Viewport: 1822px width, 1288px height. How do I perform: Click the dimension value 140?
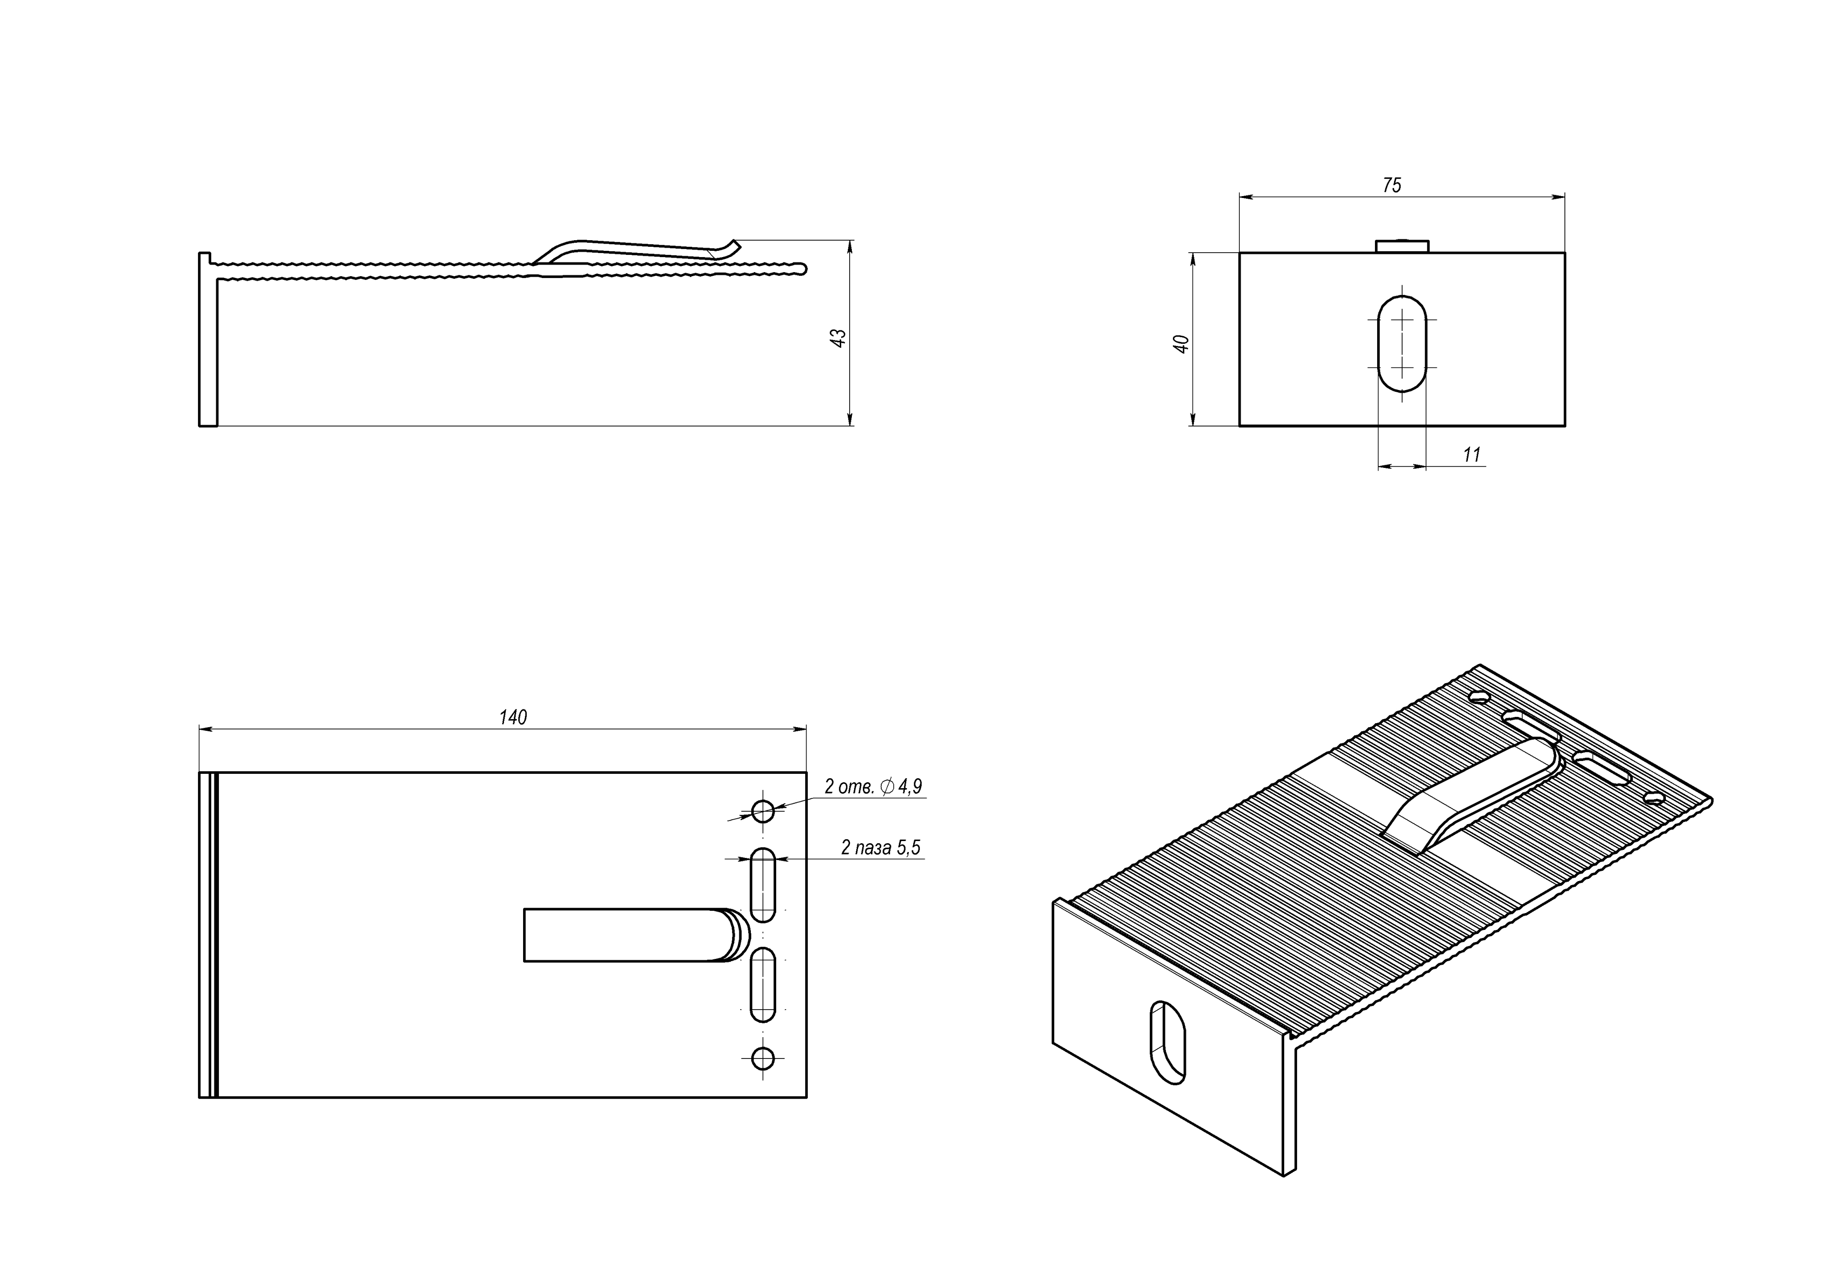[x=512, y=717]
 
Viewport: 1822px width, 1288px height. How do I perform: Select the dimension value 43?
[x=838, y=337]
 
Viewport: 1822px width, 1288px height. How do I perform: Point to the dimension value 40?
[x=1181, y=344]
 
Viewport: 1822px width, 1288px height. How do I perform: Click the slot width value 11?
[x=1471, y=455]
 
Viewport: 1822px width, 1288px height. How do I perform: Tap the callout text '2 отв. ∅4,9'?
[x=873, y=786]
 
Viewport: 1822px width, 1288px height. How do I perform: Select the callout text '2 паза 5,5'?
[x=881, y=848]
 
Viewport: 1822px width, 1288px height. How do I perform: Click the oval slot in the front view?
[x=1402, y=344]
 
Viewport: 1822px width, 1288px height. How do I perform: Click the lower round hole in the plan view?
[x=762, y=1058]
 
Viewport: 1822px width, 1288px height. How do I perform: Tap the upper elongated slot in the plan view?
[x=762, y=885]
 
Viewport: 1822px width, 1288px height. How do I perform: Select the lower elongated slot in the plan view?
[x=762, y=984]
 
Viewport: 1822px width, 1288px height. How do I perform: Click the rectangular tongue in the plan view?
[x=627, y=935]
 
